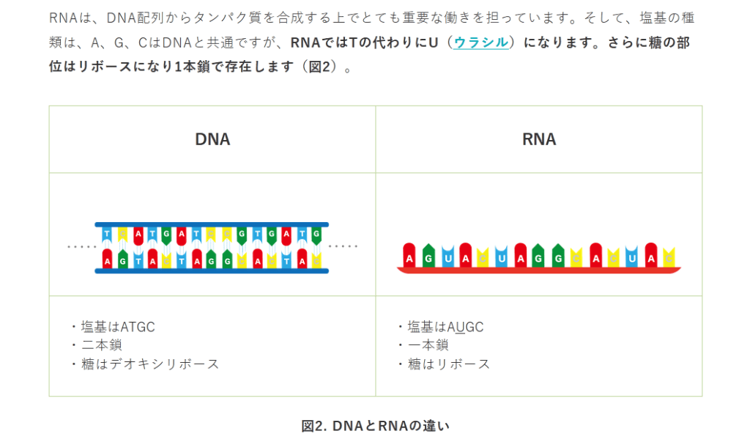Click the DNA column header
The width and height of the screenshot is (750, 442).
pos(212,139)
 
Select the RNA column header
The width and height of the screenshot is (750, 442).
pos(539,139)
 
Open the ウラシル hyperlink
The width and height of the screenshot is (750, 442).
pos(480,43)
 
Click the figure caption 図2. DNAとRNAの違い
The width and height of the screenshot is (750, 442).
pos(375,426)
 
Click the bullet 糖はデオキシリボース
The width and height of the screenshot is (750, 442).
pos(149,364)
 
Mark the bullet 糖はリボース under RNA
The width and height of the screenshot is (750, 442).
pos(448,364)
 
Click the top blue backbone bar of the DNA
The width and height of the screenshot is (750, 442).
pos(212,225)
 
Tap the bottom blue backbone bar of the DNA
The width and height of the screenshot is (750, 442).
pos(212,271)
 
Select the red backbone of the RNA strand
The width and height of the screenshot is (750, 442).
pos(539,270)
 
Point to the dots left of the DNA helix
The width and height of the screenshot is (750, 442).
pos(81,247)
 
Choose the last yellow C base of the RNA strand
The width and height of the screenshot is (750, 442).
pos(668,257)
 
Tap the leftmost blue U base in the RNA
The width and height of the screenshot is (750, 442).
pos(447,256)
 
